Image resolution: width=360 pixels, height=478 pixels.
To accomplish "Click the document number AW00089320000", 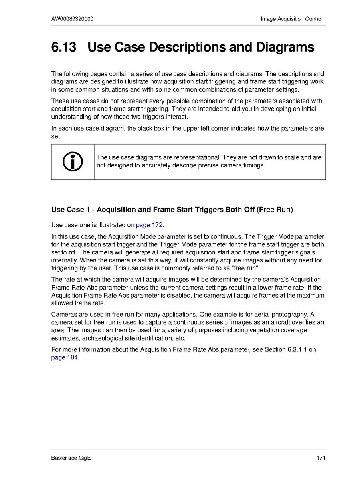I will (73, 19).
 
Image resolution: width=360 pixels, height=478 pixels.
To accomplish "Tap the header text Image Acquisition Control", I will (291, 19).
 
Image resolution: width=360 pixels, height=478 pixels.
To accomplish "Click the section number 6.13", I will (64, 47).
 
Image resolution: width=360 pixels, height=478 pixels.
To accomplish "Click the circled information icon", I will (73, 162).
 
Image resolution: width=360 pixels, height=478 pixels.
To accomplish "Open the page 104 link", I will (65, 357).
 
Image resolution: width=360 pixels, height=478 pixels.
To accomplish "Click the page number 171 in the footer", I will (321, 458).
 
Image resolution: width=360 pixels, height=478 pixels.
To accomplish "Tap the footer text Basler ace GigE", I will (71, 458).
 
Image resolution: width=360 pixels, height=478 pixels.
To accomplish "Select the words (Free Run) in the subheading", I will (275, 210).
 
